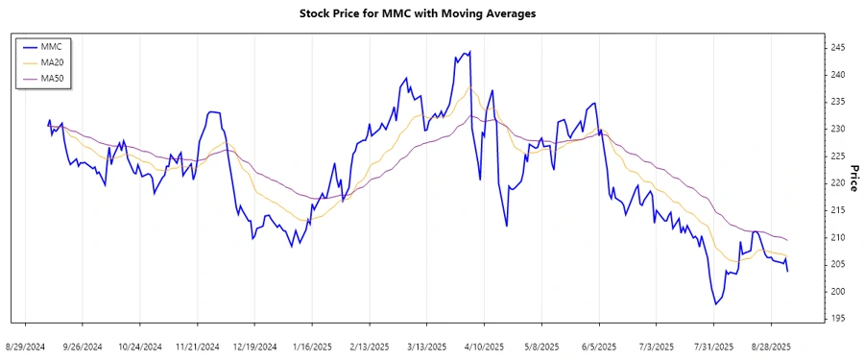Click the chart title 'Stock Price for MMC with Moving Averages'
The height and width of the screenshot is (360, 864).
(431, 13)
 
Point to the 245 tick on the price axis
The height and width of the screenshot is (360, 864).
(838, 47)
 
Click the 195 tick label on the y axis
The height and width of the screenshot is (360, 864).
(838, 319)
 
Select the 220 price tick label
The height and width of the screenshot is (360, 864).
(838, 183)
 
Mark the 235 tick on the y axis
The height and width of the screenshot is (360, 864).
(838, 102)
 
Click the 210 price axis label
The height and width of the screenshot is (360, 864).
(838, 237)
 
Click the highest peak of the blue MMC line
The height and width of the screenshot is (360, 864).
(469, 52)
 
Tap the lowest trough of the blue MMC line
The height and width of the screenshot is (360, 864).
(715, 304)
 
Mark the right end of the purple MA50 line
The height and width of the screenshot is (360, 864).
(788, 240)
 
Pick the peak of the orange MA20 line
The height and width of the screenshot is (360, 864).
(470, 88)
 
